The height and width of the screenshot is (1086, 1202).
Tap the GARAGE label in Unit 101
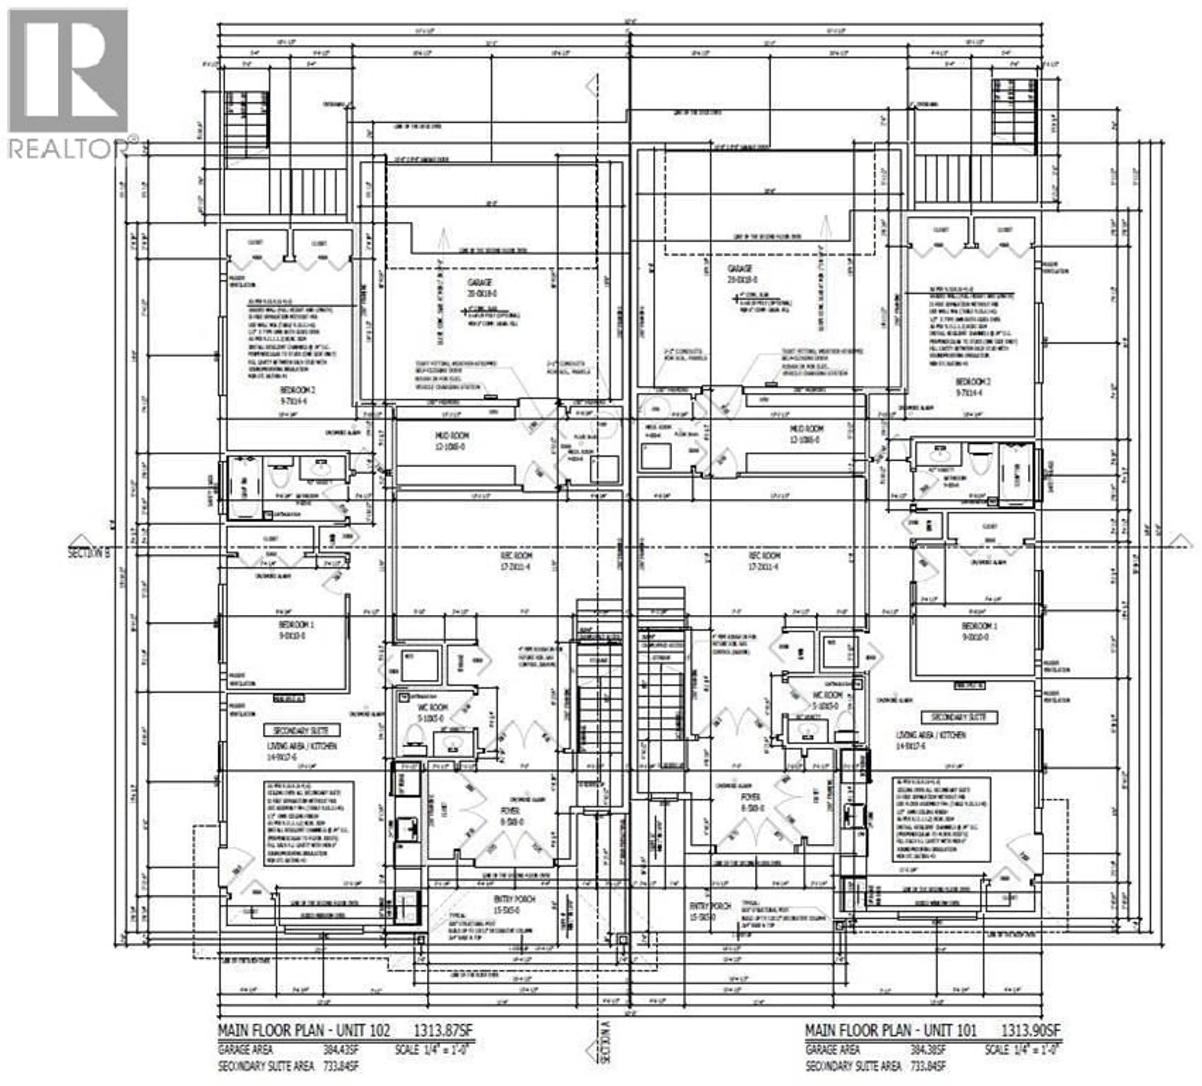(739, 269)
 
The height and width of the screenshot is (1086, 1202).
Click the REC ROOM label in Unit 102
(516, 556)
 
